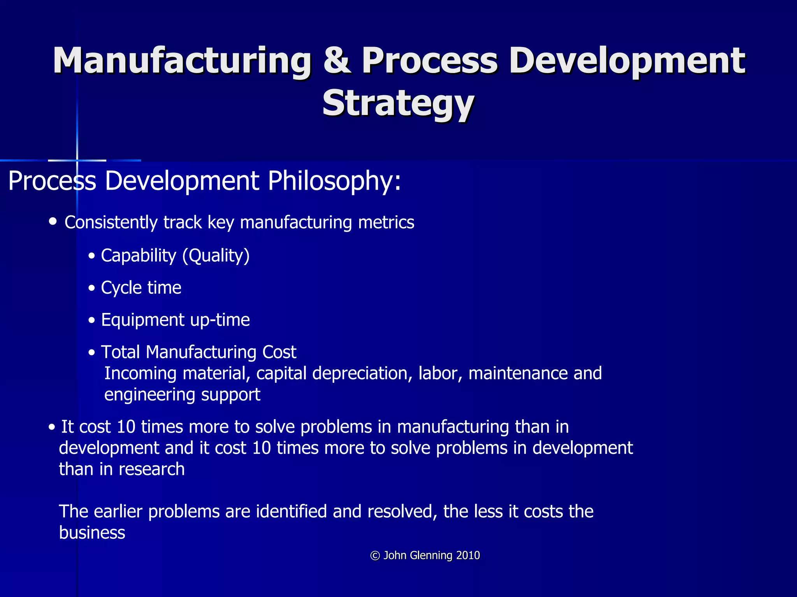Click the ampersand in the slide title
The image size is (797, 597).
pos(337,61)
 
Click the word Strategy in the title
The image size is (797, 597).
pos(398,103)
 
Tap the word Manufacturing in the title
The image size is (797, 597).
pos(182,61)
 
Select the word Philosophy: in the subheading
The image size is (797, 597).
pos(334,181)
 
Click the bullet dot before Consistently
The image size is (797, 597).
pos(53,222)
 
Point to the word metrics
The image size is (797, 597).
pos(386,222)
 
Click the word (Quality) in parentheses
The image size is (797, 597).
pos(216,256)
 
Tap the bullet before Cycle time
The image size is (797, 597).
pos(92,288)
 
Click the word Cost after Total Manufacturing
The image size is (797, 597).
pos(279,352)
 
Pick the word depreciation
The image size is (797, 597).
pos(362,373)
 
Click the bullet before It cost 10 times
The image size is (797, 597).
pos(52,428)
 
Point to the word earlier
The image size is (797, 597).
pos(118,511)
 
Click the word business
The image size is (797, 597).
pos(92,532)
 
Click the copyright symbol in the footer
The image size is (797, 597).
pos(375,555)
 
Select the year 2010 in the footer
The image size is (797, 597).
pos(468,555)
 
